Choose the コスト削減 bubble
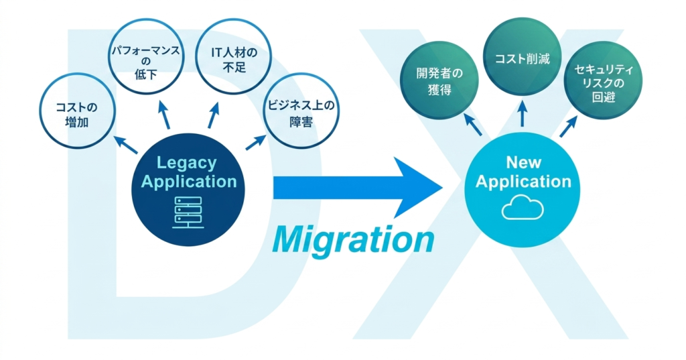(523, 59)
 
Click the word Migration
(353, 239)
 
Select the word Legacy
(187, 162)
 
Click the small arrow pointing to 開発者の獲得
(472, 124)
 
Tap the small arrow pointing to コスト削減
(523, 114)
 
